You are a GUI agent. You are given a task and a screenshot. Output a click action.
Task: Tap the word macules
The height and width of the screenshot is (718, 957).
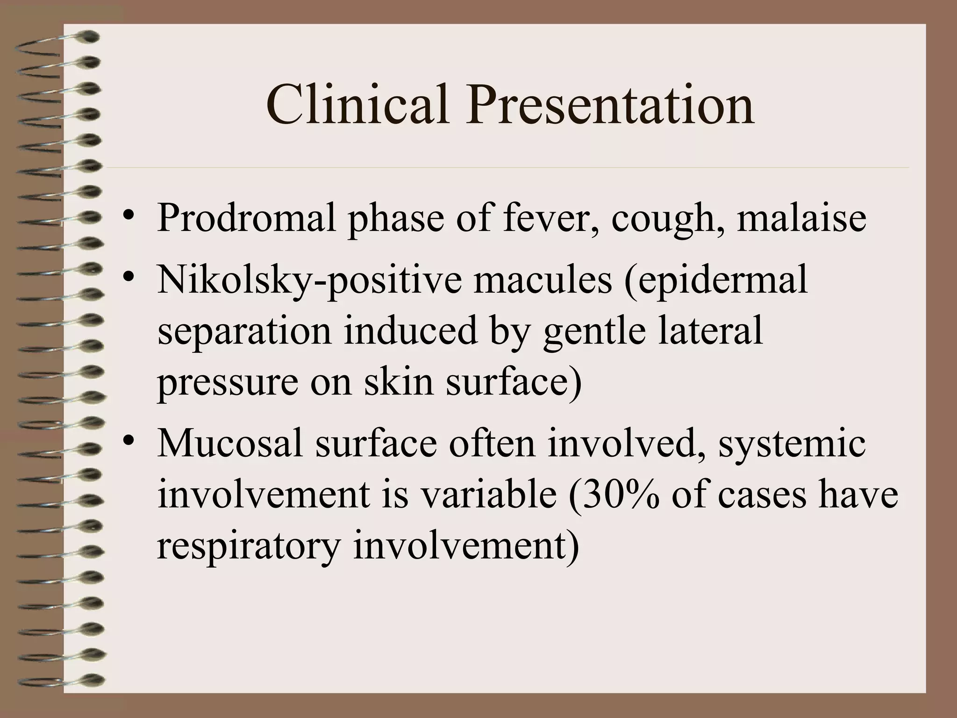coord(542,280)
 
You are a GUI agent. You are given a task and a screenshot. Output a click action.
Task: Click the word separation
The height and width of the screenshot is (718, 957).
coord(244,331)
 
